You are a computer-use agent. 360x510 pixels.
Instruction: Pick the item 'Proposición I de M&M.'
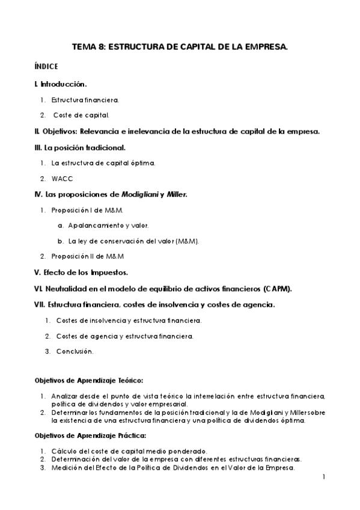point(87,210)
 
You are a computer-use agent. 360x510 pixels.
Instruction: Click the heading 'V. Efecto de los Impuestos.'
point(81,272)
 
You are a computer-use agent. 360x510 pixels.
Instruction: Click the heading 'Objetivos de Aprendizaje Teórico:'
point(88,380)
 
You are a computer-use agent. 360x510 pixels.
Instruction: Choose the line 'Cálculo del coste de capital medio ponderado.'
point(129,451)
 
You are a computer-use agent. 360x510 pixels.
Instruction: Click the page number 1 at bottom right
point(324,478)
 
